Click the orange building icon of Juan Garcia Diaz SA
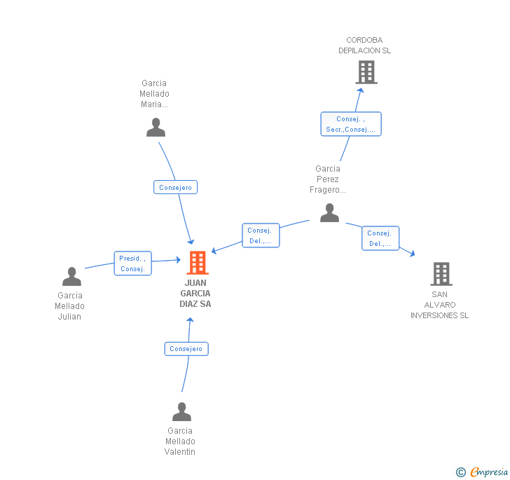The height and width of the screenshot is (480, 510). tap(198, 263)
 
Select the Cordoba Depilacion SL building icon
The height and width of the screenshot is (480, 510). tap(366, 71)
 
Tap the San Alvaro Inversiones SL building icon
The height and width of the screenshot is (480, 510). tap(441, 274)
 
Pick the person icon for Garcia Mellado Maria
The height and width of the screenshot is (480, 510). tap(156, 128)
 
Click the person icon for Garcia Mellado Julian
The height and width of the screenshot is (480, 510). tap(71, 277)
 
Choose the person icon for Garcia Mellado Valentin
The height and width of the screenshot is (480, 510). tap(181, 412)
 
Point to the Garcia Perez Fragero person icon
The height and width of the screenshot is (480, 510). tap(329, 213)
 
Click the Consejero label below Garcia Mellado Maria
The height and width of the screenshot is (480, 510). tap(176, 187)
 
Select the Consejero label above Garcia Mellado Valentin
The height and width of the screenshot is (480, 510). tap(186, 348)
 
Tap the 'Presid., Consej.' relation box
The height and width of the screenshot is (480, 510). tap(132, 263)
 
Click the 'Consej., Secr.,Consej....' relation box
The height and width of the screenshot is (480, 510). tap(351, 124)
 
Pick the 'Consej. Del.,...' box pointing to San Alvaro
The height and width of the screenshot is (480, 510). tap(380, 238)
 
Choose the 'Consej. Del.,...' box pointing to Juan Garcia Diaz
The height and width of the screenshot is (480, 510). tap(261, 235)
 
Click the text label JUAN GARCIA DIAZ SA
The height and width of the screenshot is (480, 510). tap(195, 294)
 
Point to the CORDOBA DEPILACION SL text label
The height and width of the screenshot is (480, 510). tap(364, 46)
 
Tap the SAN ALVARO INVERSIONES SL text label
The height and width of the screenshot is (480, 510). tap(440, 305)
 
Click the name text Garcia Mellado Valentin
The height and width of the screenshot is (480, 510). tap(180, 441)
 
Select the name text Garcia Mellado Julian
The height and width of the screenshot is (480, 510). tap(69, 306)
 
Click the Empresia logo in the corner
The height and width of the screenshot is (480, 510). tap(483, 472)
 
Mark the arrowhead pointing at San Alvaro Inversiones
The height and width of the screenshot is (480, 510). tap(412, 253)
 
